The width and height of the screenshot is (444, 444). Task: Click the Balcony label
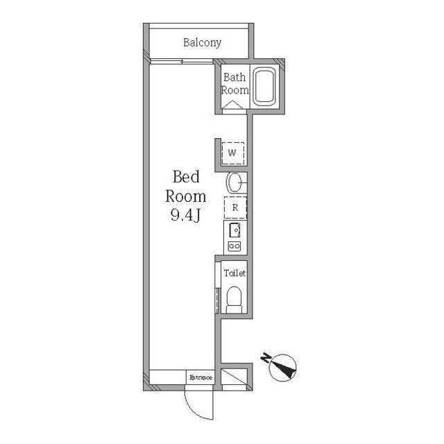tap(202, 43)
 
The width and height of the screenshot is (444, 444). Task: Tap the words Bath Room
tap(234, 84)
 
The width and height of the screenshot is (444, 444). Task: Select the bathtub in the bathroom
tap(264, 87)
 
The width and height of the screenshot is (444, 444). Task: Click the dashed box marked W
tap(233, 151)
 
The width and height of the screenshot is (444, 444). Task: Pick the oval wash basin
tap(234, 183)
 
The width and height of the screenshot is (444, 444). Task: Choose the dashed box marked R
tap(234, 207)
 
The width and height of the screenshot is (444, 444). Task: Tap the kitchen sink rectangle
tap(234, 230)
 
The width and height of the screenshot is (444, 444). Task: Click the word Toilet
tap(234, 273)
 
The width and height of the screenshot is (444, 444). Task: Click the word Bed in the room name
tap(187, 176)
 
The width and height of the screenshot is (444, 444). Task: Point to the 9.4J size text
tap(186, 216)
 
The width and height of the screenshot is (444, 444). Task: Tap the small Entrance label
tap(200, 377)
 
